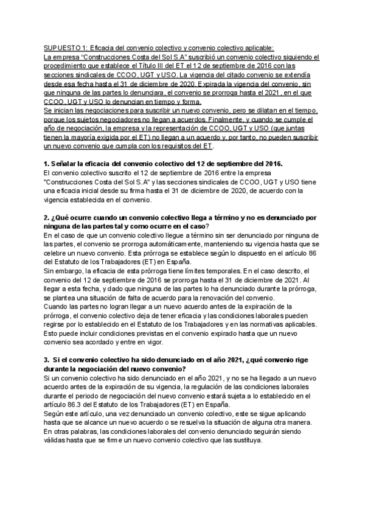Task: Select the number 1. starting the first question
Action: pos(47,165)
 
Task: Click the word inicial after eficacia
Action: pos(88,191)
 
